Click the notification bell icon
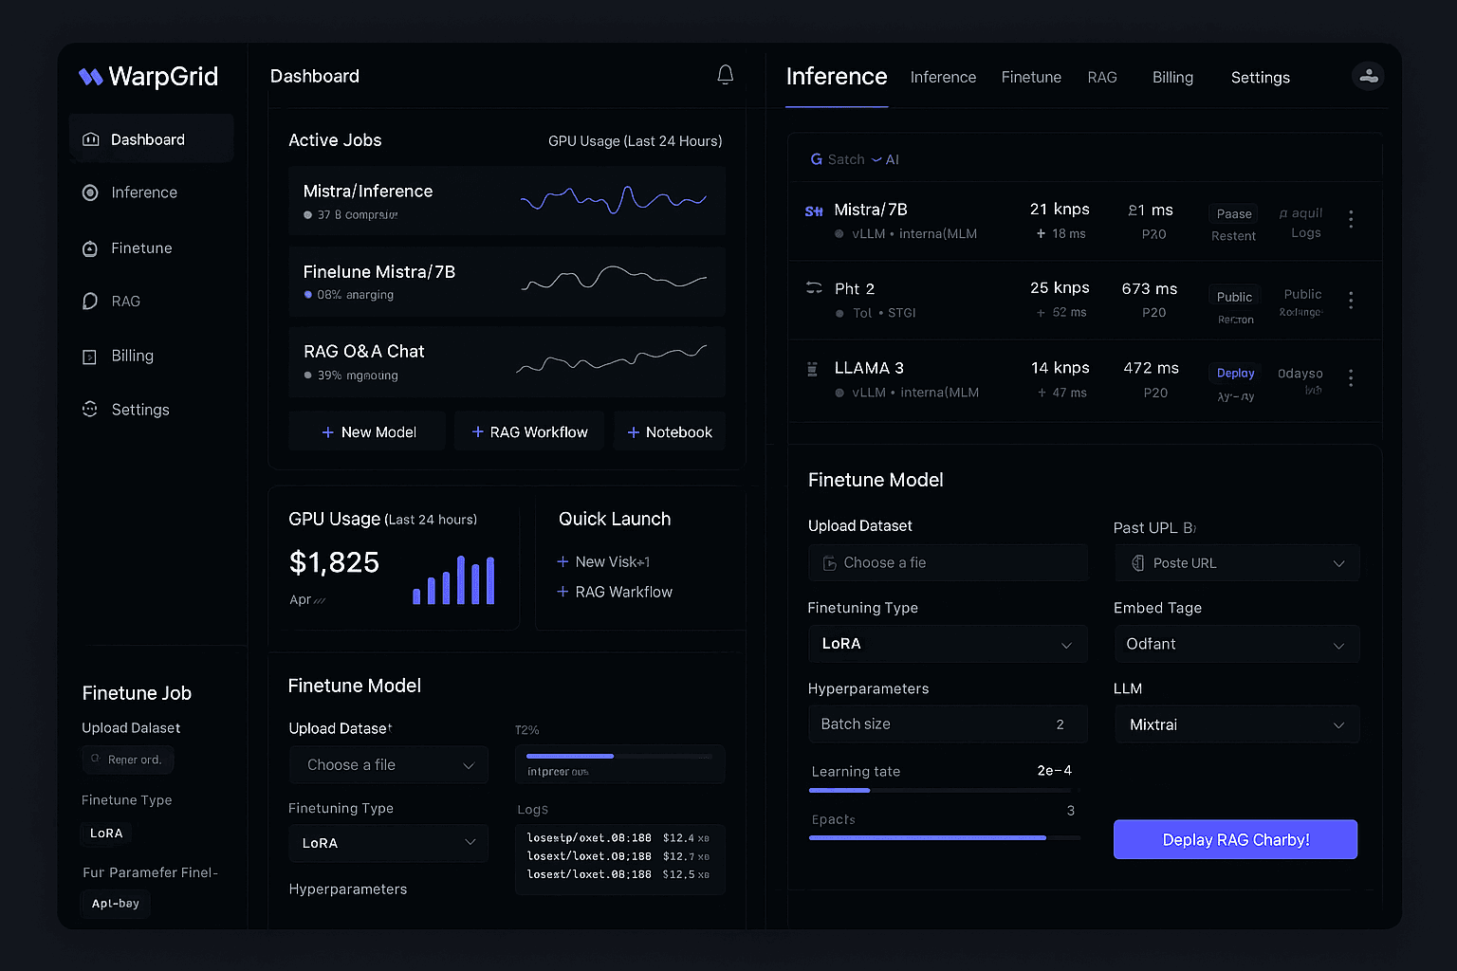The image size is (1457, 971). [x=726, y=75]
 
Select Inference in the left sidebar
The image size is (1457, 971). [x=143, y=192]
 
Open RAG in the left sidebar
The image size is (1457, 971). [x=125, y=302]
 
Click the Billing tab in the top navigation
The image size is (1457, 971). [x=1172, y=78]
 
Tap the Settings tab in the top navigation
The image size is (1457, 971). [x=1260, y=78]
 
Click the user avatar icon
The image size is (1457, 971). [x=1368, y=76]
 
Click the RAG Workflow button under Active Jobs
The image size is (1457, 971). [x=529, y=432]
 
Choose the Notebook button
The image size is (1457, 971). [x=670, y=432]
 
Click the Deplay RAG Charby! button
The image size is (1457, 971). [x=1235, y=840]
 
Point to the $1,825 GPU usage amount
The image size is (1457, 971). [x=334, y=563]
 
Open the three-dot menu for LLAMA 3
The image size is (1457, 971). [x=1351, y=377]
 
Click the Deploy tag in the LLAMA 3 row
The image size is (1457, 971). [x=1235, y=374]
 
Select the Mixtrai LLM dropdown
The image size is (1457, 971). [x=1237, y=724]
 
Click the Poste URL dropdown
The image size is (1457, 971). [x=1237, y=563]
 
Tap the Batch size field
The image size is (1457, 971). [x=947, y=724]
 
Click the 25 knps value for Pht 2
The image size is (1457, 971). [x=1060, y=288]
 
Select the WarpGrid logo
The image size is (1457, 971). [x=149, y=77]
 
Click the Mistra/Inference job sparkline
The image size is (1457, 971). [x=614, y=200]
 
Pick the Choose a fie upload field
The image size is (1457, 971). [x=947, y=563]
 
